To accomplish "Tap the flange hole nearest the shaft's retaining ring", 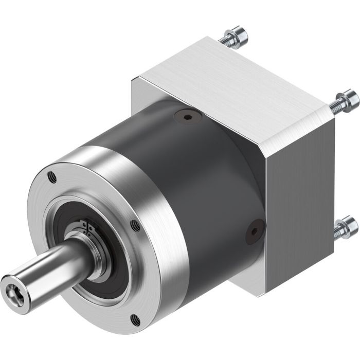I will (135, 225).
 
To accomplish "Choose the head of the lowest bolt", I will (350, 224).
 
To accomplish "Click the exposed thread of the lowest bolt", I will (337, 231).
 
